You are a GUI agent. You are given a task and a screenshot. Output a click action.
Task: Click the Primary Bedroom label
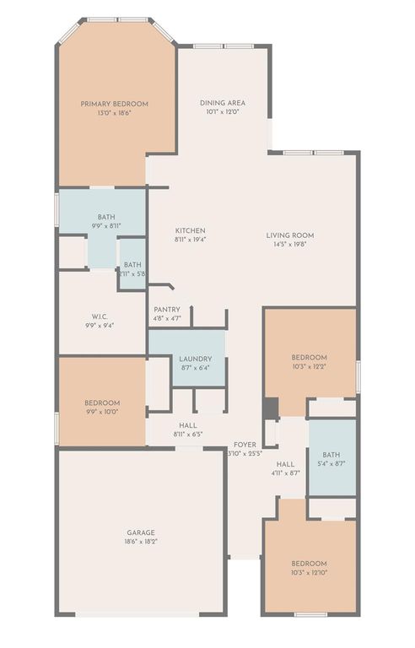114,104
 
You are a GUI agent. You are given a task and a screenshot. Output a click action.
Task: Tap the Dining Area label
223,103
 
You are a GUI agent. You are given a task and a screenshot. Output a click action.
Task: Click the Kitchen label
190,230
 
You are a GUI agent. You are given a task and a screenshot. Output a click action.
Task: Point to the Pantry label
166,310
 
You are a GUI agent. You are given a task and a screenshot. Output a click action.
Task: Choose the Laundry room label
195,359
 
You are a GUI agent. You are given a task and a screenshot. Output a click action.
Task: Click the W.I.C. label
99,316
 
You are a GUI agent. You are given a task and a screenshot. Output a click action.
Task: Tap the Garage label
140,532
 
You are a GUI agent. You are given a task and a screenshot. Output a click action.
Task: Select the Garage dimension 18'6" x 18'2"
140,542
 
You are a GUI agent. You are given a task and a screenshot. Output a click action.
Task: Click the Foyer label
245,444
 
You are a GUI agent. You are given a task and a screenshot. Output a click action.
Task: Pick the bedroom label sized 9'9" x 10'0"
101,402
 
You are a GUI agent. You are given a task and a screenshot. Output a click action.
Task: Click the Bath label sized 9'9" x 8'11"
106,217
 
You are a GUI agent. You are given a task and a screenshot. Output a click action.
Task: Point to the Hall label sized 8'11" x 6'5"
188,425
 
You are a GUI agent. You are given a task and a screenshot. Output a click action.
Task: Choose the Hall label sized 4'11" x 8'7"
286,464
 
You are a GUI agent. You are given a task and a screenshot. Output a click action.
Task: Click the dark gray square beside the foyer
270,408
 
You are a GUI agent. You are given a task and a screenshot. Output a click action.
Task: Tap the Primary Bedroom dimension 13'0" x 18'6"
114,113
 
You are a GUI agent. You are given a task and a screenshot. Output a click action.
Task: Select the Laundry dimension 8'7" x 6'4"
195,368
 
